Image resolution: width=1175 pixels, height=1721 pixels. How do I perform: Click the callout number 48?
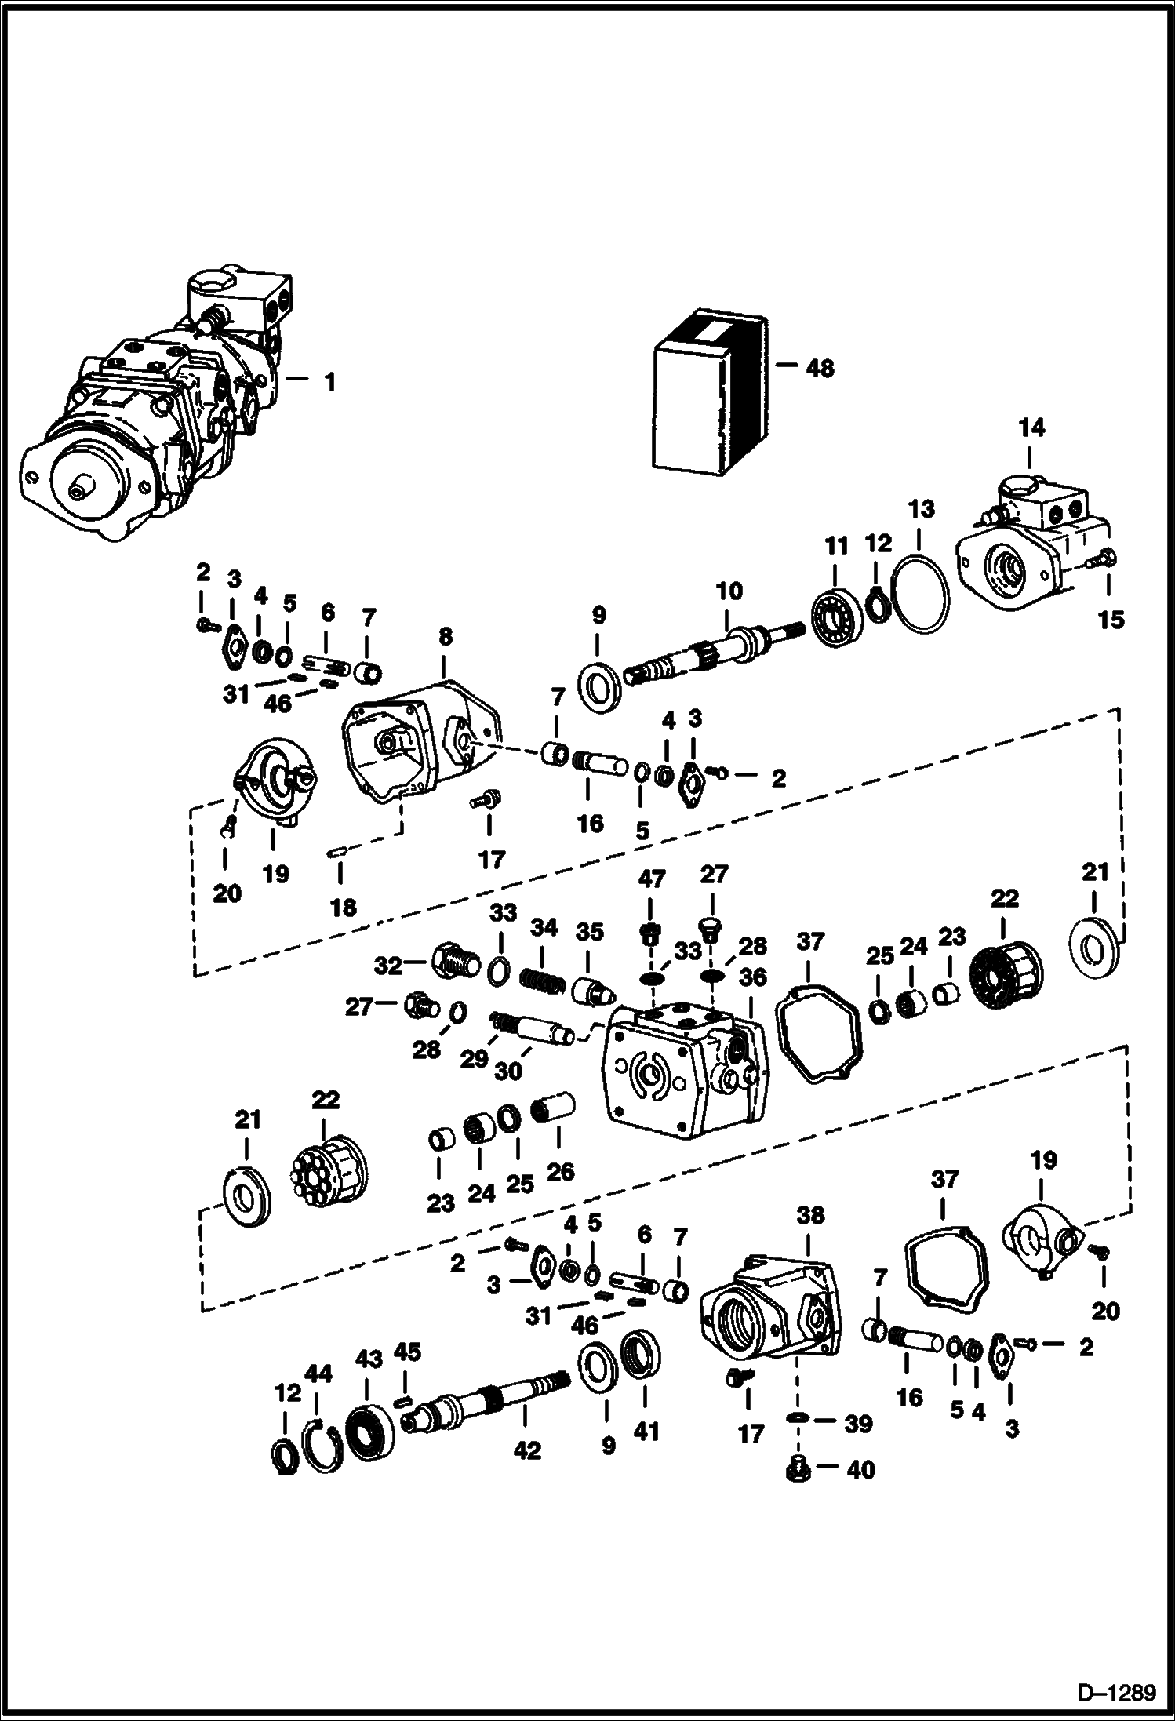coord(820,368)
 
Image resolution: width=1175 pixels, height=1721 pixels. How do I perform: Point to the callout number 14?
coord(1031,428)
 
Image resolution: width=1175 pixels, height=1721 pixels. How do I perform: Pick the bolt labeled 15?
coord(1104,559)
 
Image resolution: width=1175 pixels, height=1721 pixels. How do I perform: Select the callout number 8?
coord(445,636)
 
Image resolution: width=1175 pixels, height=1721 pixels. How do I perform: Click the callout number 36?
coord(752,977)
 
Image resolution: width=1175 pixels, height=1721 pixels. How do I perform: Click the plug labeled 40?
coord(798,1468)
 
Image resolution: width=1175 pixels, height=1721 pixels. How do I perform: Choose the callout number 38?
coord(810,1216)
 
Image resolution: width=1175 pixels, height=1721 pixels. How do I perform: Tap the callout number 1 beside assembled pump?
coord(330,382)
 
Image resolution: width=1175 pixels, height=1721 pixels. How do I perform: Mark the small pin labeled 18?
coord(337,852)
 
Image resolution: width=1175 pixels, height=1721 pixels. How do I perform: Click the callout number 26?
coord(560,1173)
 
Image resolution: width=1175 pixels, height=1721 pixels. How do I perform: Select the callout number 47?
coord(652,879)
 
